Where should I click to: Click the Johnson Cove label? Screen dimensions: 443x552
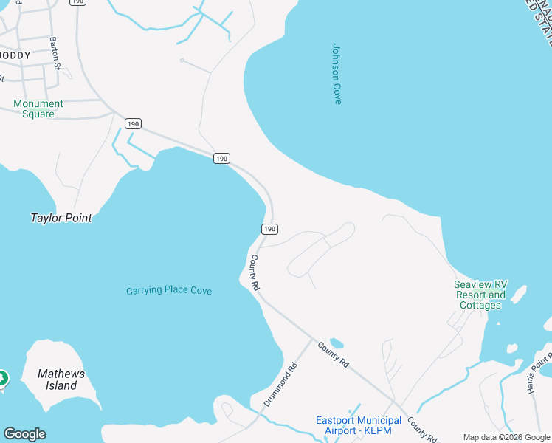pos(337,74)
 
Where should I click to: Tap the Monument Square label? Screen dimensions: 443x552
pos(38,109)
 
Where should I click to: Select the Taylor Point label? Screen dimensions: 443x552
pos(61,218)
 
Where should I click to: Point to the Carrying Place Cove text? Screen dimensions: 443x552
pos(169,291)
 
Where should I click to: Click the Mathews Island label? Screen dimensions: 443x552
pos(61,380)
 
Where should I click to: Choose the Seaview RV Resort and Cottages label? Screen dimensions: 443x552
pos(480,295)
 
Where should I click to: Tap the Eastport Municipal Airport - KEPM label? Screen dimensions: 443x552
pos(359,426)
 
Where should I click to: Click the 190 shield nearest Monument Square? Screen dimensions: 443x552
pos(133,123)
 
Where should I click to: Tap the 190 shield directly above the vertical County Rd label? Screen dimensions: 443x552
pos(270,229)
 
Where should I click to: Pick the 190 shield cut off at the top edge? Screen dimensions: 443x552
pos(77,2)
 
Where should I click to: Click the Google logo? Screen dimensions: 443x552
pos(24,434)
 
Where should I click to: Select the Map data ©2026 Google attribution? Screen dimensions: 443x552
pos(506,437)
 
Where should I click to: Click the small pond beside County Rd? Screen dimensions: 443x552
pos(337,343)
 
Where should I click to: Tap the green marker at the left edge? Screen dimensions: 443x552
pos(2,378)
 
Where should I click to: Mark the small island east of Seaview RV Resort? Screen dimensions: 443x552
pos(518,295)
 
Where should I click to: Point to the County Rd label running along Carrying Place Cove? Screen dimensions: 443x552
pos(255,272)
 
